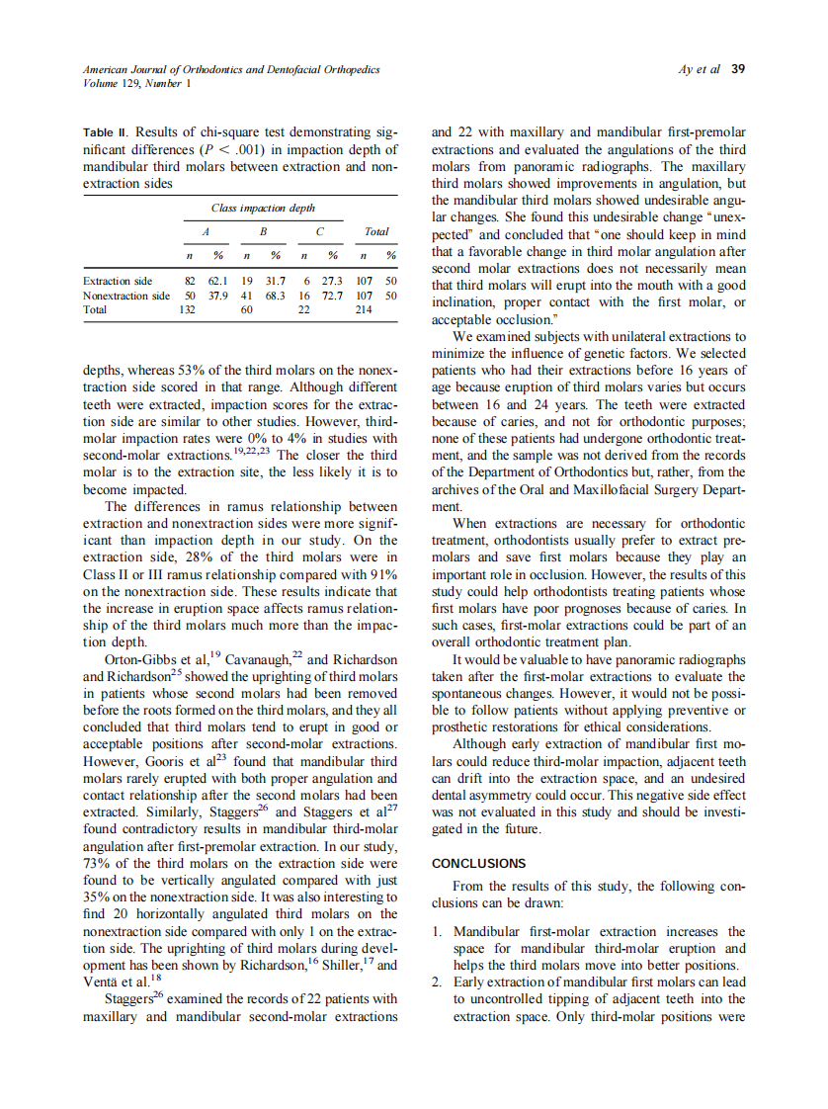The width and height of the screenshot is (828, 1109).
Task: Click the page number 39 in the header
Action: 737,69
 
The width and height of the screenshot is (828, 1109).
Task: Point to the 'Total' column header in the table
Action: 375,231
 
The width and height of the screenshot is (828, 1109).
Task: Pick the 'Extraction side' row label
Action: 118,281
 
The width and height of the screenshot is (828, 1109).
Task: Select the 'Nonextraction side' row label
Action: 126,295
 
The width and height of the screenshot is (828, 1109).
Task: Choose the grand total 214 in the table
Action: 364,308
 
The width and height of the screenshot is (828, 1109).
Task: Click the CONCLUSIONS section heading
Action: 479,863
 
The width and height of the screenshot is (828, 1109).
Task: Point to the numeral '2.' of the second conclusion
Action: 439,981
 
